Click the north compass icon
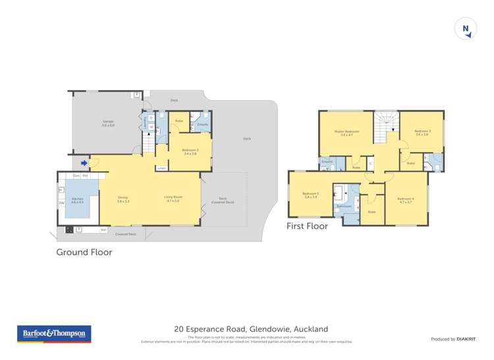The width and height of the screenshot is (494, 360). [x=466, y=28]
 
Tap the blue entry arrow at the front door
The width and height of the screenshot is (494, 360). [x=84, y=163]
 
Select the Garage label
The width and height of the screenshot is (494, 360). [x=108, y=123]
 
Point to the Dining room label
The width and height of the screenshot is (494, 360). [x=123, y=199]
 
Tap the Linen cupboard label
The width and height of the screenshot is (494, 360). [x=162, y=168]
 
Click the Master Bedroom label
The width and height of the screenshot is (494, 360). [x=350, y=134]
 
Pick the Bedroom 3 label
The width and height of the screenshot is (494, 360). [x=422, y=133]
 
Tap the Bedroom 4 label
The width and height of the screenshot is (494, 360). [x=406, y=200]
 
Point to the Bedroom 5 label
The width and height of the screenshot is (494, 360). [x=310, y=195]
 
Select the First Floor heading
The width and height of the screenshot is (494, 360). [x=306, y=226]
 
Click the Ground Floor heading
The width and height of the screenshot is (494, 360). [x=84, y=252]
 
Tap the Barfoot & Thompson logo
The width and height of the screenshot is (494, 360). [x=53, y=334]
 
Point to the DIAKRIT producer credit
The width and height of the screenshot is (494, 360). [x=453, y=339]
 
